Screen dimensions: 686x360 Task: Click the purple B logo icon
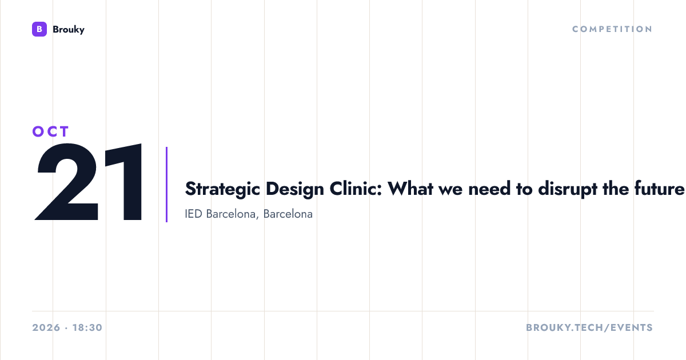(x=39, y=29)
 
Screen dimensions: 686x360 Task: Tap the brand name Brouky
(x=69, y=30)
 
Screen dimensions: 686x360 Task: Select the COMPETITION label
(x=612, y=29)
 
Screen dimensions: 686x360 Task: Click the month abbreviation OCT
(x=51, y=131)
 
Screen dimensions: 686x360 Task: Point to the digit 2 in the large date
(x=66, y=182)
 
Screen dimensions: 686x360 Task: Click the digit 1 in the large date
(x=125, y=182)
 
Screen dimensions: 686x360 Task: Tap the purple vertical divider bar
(x=166, y=185)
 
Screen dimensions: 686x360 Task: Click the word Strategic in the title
(x=222, y=189)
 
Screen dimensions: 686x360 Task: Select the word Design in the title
(x=294, y=189)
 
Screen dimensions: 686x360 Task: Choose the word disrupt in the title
(x=568, y=189)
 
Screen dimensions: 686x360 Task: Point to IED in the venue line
(x=194, y=214)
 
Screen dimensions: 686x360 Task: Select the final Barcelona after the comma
(x=288, y=214)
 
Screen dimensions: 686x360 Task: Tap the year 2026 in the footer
(x=46, y=327)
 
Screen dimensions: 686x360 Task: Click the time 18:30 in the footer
(x=87, y=327)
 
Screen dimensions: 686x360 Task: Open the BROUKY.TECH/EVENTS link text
(x=589, y=327)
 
